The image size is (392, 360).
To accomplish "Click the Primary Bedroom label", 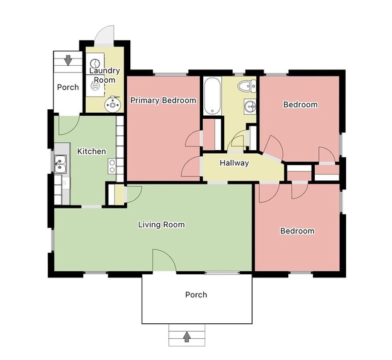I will tap(163, 100).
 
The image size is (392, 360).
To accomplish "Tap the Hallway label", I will tap(234, 163).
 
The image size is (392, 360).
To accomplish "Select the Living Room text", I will tap(161, 225).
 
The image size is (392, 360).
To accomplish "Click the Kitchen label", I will tap(92, 151).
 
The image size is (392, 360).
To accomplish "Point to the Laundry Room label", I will tap(105, 75).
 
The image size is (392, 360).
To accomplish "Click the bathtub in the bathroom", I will tap(212, 95).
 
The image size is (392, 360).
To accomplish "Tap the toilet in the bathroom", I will tap(246, 86).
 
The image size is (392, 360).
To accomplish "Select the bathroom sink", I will tap(250, 107).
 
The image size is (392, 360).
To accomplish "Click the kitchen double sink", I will tap(60, 162).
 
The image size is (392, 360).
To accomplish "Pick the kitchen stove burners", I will tap(112, 166).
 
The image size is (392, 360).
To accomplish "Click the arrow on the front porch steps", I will tap(187, 335).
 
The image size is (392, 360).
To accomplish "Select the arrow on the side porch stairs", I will tap(68, 60).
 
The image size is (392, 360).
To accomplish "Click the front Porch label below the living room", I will tap(196, 295).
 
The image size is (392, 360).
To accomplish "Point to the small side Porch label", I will tap(68, 87).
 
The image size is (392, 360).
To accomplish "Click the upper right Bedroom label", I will tap(300, 104).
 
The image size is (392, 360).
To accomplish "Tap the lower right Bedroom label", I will tap(297, 231).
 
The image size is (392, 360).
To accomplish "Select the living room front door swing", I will tap(163, 260).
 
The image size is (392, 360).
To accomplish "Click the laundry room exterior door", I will tap(105, 34).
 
